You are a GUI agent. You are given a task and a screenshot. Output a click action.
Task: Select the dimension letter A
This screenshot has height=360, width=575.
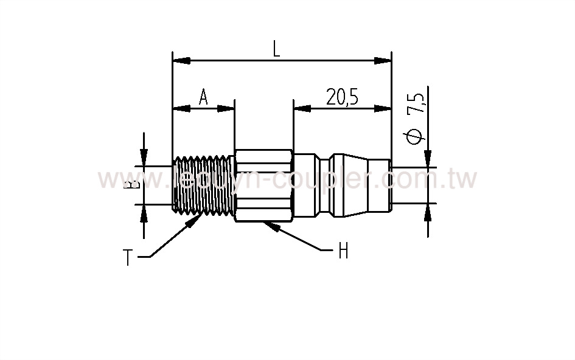[203, 97]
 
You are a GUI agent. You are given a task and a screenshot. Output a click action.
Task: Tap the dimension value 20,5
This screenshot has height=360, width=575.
[342, 97]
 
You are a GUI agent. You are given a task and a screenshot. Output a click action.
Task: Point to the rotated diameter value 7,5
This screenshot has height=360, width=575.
[417, 104]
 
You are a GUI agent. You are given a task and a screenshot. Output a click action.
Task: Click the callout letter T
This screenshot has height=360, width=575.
[128, 258]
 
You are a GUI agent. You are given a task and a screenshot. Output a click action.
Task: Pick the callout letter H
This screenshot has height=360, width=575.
[343, 251]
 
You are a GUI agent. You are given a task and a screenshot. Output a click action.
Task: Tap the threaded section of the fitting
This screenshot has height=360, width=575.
[203, 185]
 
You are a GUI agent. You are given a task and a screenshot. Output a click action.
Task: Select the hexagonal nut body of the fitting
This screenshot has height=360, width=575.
[263, 185]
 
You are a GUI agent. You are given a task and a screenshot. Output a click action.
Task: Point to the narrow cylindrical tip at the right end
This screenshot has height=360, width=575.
[382, 185]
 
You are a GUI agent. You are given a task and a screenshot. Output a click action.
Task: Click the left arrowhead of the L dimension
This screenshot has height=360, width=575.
[181, 60]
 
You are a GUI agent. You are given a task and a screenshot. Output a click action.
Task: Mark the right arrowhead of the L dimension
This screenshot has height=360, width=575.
[383, 60]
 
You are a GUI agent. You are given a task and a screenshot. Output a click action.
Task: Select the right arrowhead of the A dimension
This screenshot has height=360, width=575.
[226, 109]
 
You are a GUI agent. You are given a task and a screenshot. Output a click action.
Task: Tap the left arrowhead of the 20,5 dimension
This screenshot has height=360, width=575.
[302, 109]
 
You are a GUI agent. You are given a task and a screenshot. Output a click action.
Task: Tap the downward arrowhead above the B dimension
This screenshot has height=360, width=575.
[144, 158]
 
